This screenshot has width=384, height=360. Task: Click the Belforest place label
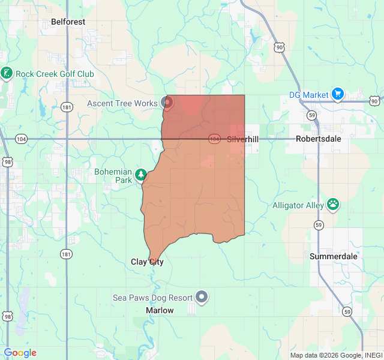click(x=68, y=22)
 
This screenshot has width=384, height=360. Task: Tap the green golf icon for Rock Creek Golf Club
click(x=7, y=73)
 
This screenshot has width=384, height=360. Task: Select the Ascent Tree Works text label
click(x=122, y=103)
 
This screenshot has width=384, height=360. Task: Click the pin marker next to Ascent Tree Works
click(x=167, y=103)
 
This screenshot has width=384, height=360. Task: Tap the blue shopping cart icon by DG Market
click(x=338, y=94)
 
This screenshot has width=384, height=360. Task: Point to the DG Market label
click(x=308, y=95)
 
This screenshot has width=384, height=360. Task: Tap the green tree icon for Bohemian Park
click(x=141, y=175)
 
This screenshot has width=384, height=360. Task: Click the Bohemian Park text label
click(x=113, y=176)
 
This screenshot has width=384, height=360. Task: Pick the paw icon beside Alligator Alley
click(x=333, y=205)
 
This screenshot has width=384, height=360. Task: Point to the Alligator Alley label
click(x=298, y=205)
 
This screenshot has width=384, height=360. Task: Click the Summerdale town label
click(x=334, y=256)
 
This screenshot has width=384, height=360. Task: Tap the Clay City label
click(x=147, y=262)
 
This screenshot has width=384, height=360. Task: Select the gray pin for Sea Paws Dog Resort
click(x=202, y=296)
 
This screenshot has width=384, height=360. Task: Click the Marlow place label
click(x=160, y=310)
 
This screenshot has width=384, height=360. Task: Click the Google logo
click(x=20, y=353)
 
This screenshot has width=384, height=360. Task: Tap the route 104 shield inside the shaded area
click(x=214, y=139)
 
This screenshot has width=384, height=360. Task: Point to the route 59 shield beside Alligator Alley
click(x=317, y=224)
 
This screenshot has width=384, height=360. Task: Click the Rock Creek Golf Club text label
click(x=55, y=74)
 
